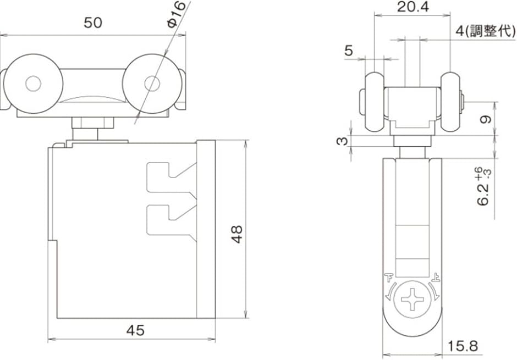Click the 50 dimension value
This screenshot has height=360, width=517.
point(93,23)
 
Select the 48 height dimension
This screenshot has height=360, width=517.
point(237,234)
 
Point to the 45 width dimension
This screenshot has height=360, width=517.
point(135,330)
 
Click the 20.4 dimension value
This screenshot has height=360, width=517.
point(414,6)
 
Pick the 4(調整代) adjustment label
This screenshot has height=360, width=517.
point(486,31)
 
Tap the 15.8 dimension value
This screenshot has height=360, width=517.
point(463,346)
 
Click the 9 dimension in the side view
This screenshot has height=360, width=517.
point(486,119)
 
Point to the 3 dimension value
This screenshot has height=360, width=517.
point(342,141)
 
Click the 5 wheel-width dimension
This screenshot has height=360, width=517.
point(349,51)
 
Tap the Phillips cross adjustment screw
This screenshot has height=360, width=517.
point(413,299)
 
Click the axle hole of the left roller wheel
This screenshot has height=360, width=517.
point(34,84)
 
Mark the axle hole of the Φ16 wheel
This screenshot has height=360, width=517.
point(152,84)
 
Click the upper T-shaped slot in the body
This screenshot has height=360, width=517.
point(172,180)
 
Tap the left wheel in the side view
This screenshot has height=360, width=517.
point(375,102)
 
